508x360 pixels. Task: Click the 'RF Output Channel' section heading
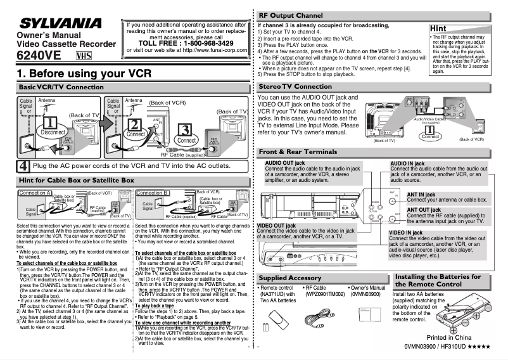point(291,15)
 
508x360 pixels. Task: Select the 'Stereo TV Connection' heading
point(296,86)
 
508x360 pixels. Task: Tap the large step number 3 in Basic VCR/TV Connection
point(184,131)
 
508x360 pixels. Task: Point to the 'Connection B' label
point(153,192)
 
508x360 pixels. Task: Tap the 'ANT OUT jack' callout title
point(428,210)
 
